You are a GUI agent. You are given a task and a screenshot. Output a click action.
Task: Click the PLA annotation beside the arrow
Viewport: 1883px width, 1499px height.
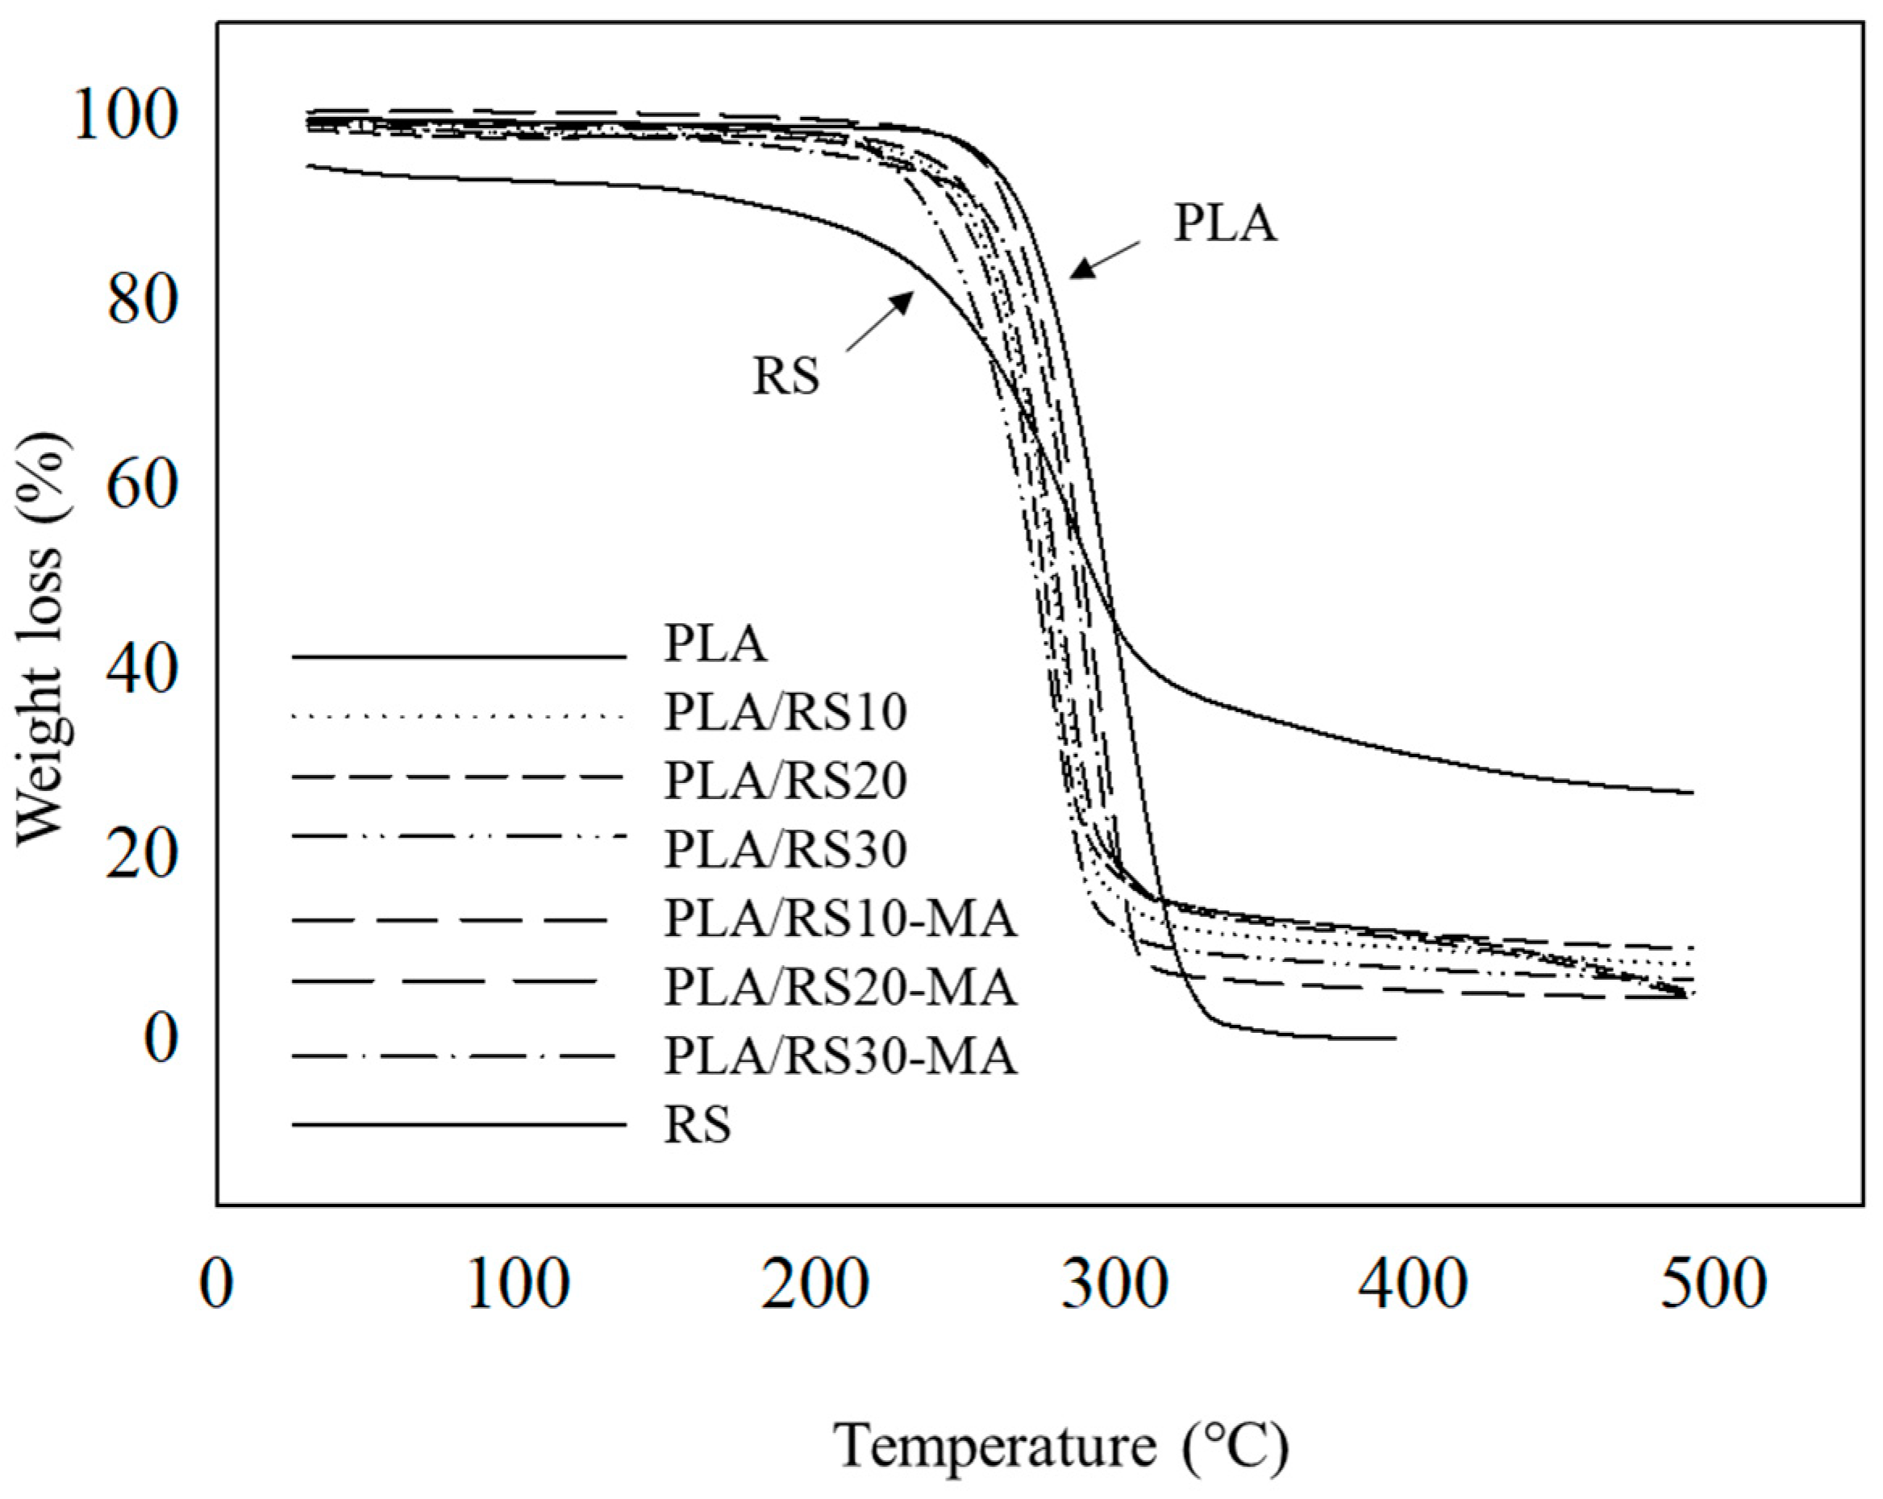[x=1224, y=223]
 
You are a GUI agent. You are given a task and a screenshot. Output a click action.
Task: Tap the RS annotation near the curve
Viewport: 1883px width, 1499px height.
[x=786, y=377]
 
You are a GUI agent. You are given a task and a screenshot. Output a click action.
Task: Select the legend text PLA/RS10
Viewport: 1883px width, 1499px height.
[x=785, y=712]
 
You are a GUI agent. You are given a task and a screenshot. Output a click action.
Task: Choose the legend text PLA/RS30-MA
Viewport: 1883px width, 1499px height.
[x=840, y=1056]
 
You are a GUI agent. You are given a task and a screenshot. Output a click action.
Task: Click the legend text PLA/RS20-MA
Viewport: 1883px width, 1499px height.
[x=840, y=987]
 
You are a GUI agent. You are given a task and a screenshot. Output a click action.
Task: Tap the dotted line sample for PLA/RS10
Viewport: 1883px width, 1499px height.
[x=459, y=718]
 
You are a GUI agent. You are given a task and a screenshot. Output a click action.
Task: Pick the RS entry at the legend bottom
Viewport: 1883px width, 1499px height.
[x=697, y=1124]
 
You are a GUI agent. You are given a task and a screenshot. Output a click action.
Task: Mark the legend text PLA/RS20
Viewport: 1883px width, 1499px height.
[x=785, y=780]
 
